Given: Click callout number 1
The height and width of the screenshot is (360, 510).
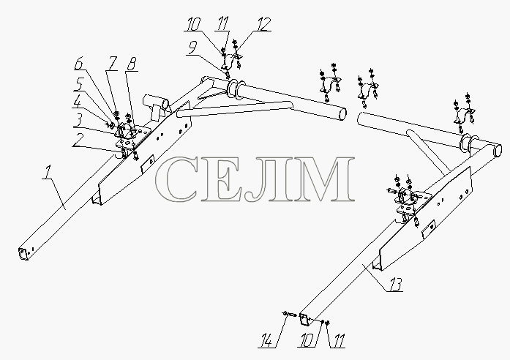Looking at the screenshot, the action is [48, 173].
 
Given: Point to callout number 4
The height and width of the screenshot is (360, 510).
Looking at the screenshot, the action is [78, 103].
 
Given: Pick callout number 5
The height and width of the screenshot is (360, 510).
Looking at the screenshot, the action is [78, 85].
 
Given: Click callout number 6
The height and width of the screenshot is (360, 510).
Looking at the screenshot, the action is [79, 64].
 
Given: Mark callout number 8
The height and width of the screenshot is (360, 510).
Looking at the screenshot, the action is [132, 64].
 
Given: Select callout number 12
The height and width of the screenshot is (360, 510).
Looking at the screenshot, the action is [263, 24].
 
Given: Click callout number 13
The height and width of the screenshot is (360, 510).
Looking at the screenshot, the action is [396, 285].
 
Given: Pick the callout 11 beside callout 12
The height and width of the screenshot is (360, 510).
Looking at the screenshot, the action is [223, 23].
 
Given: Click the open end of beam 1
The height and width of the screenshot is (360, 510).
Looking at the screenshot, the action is [23, 253].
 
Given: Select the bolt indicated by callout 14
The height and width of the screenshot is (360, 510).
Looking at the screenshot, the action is [289, 314].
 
